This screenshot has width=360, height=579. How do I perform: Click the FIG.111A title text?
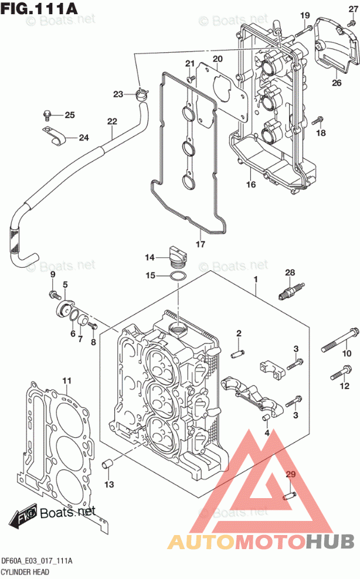(x=39, y=8)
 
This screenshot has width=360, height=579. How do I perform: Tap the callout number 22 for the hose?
(x=112, y=121)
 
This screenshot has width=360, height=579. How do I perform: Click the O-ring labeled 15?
(x=177, y=275)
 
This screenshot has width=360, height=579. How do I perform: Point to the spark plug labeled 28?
(x=291, y=291)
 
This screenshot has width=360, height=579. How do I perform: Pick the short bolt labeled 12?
(x=341, y=372)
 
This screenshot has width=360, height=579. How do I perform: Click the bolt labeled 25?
(x=46, y=115)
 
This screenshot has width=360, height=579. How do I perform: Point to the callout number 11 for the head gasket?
(x=66, y=380)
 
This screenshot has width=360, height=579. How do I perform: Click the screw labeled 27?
(x=351, y=23)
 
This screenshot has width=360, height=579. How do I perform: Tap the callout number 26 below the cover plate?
(x=337, y=83)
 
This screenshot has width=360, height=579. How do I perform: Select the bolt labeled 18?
(x=318, y=120)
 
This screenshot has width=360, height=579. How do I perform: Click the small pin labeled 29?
(x=288, y=496)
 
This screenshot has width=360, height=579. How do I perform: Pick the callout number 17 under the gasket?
(x=201, y=244)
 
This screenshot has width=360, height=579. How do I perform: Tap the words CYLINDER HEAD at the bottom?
(x=25, y=572)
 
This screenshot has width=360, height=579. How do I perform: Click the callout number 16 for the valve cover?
(x=250, y=184)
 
